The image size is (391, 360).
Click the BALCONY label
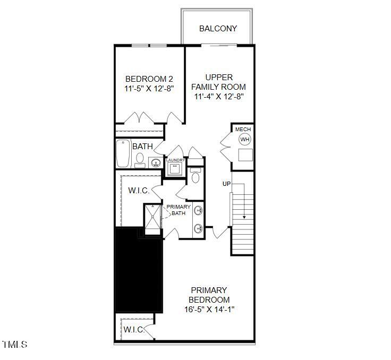(218, 28)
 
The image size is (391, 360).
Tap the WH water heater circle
(244, 140)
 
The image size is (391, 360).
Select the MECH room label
(243, 130)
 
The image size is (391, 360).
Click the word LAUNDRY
(175, 160)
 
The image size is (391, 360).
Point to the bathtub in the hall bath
(123, 153)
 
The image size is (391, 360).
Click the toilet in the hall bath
(140, 158)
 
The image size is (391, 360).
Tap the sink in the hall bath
(155, 162)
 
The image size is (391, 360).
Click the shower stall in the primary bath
(152, 218)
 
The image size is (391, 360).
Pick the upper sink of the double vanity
(199, 211)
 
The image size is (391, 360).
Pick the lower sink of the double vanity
(199, 229)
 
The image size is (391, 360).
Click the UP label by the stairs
(227, 184)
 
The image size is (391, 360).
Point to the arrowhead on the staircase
(244, 217)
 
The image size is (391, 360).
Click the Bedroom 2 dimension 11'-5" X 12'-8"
(149, 89)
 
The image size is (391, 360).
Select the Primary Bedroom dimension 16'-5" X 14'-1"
(209, 309)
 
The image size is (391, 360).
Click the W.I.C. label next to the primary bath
(139, 191)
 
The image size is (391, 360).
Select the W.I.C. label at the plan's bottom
(134, 330)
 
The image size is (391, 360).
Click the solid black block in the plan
(138, 271)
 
